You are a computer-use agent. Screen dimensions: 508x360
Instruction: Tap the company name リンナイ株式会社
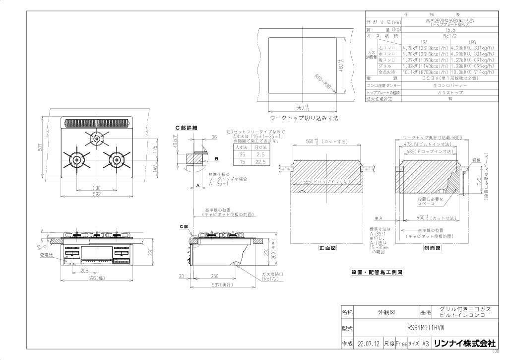[x=464, y=343]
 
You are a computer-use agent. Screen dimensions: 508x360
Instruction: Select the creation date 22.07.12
[x=368, y=344]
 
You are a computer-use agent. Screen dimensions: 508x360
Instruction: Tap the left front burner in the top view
[x=77, y=159]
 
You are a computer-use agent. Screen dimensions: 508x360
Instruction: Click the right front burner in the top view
[x=117, y=159]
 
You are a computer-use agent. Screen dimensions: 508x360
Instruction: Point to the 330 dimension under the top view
[x=97, y=188]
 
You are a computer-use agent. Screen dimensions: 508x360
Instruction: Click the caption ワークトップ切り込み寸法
[x=304, y=119]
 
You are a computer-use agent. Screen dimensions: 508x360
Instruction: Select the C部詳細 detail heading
[x=186, y=128]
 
